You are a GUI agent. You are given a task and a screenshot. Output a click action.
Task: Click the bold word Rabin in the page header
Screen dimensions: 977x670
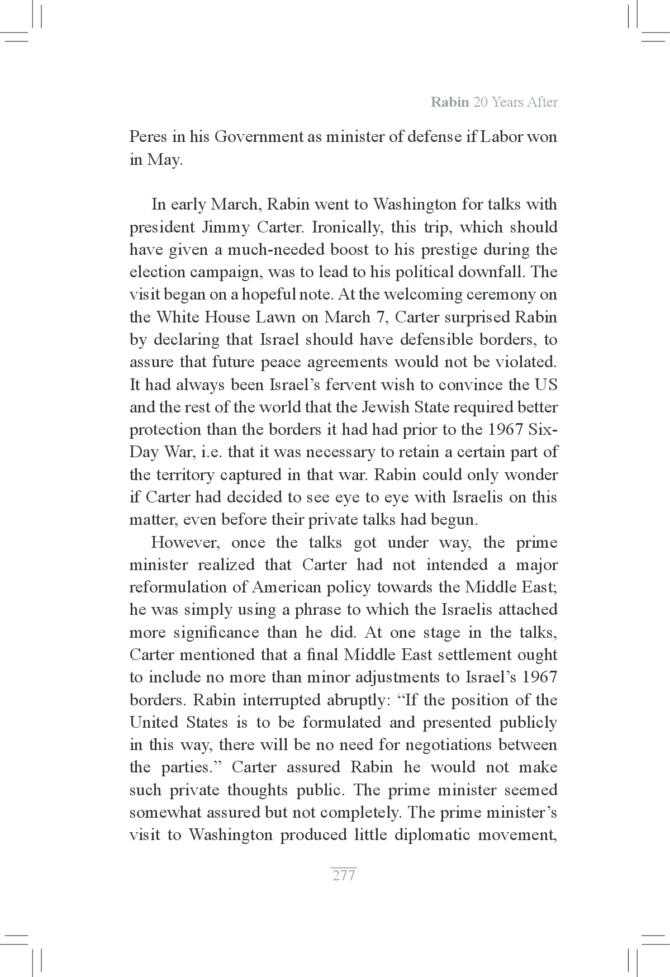pyautogui.click(x=449, y=102)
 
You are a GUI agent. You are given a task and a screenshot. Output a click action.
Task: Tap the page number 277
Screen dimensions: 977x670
pyautogui.click(x=344, y=875)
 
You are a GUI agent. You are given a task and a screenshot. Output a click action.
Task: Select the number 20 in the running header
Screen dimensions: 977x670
pyautogui.click(x=481, y=102)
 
